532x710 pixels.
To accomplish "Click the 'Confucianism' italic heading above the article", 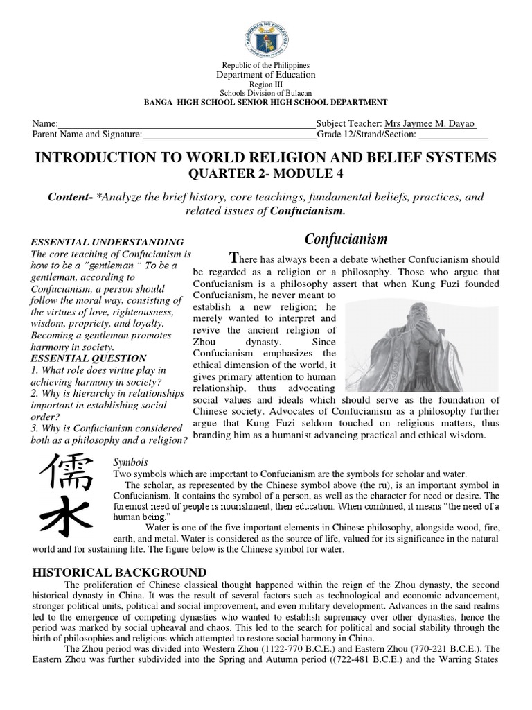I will pyautogui.click(x=346, y=239).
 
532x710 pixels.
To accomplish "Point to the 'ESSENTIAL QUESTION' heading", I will pyautogui.click(x=89, y=358).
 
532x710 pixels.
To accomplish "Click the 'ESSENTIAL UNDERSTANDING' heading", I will pyautogui.click(x=107, y=242).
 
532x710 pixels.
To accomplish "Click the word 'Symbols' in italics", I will pyautogui.click(x=131, y=461).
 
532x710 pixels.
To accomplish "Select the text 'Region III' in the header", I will pyautogui.click(x=266, y=83).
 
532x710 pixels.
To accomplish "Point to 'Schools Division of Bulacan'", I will pyautogui.click(x=266, y=92).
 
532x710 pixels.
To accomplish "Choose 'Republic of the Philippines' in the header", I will pyautogui.click(x=266, y=65).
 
